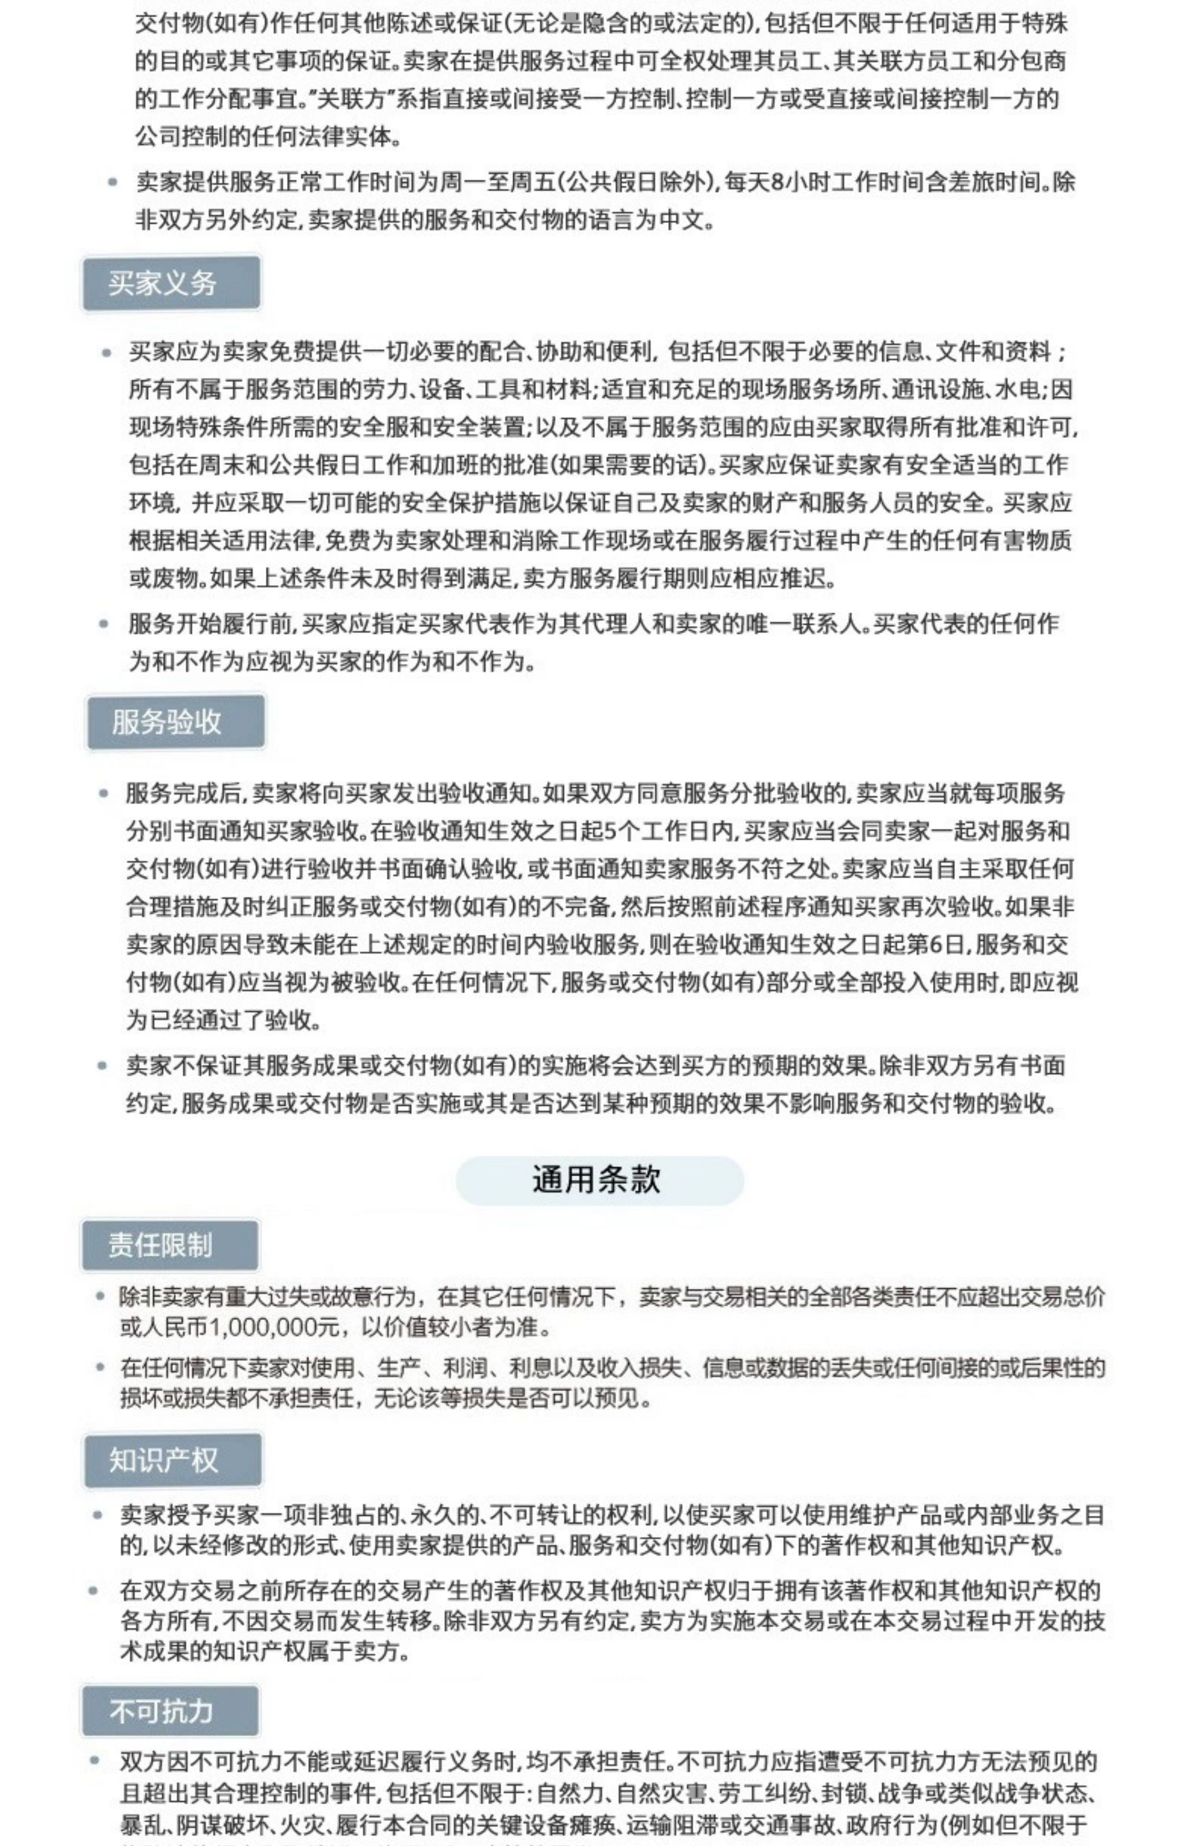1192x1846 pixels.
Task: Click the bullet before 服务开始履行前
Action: click(x=104, y=624)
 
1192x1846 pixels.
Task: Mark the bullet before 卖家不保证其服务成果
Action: click(x=102, y=1066)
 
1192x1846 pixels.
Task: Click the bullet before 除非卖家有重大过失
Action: click(x=100, y=1296)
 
